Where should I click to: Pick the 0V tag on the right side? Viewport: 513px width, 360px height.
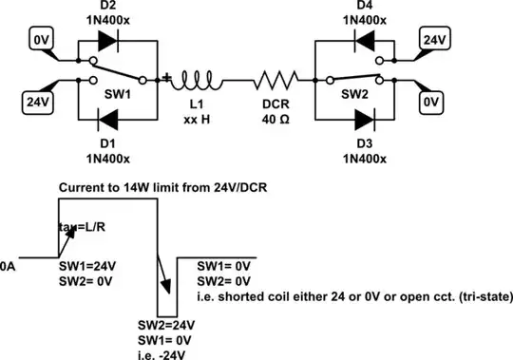click(x=433, y=100)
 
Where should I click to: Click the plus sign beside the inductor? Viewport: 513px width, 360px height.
click(x=168, y=77)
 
